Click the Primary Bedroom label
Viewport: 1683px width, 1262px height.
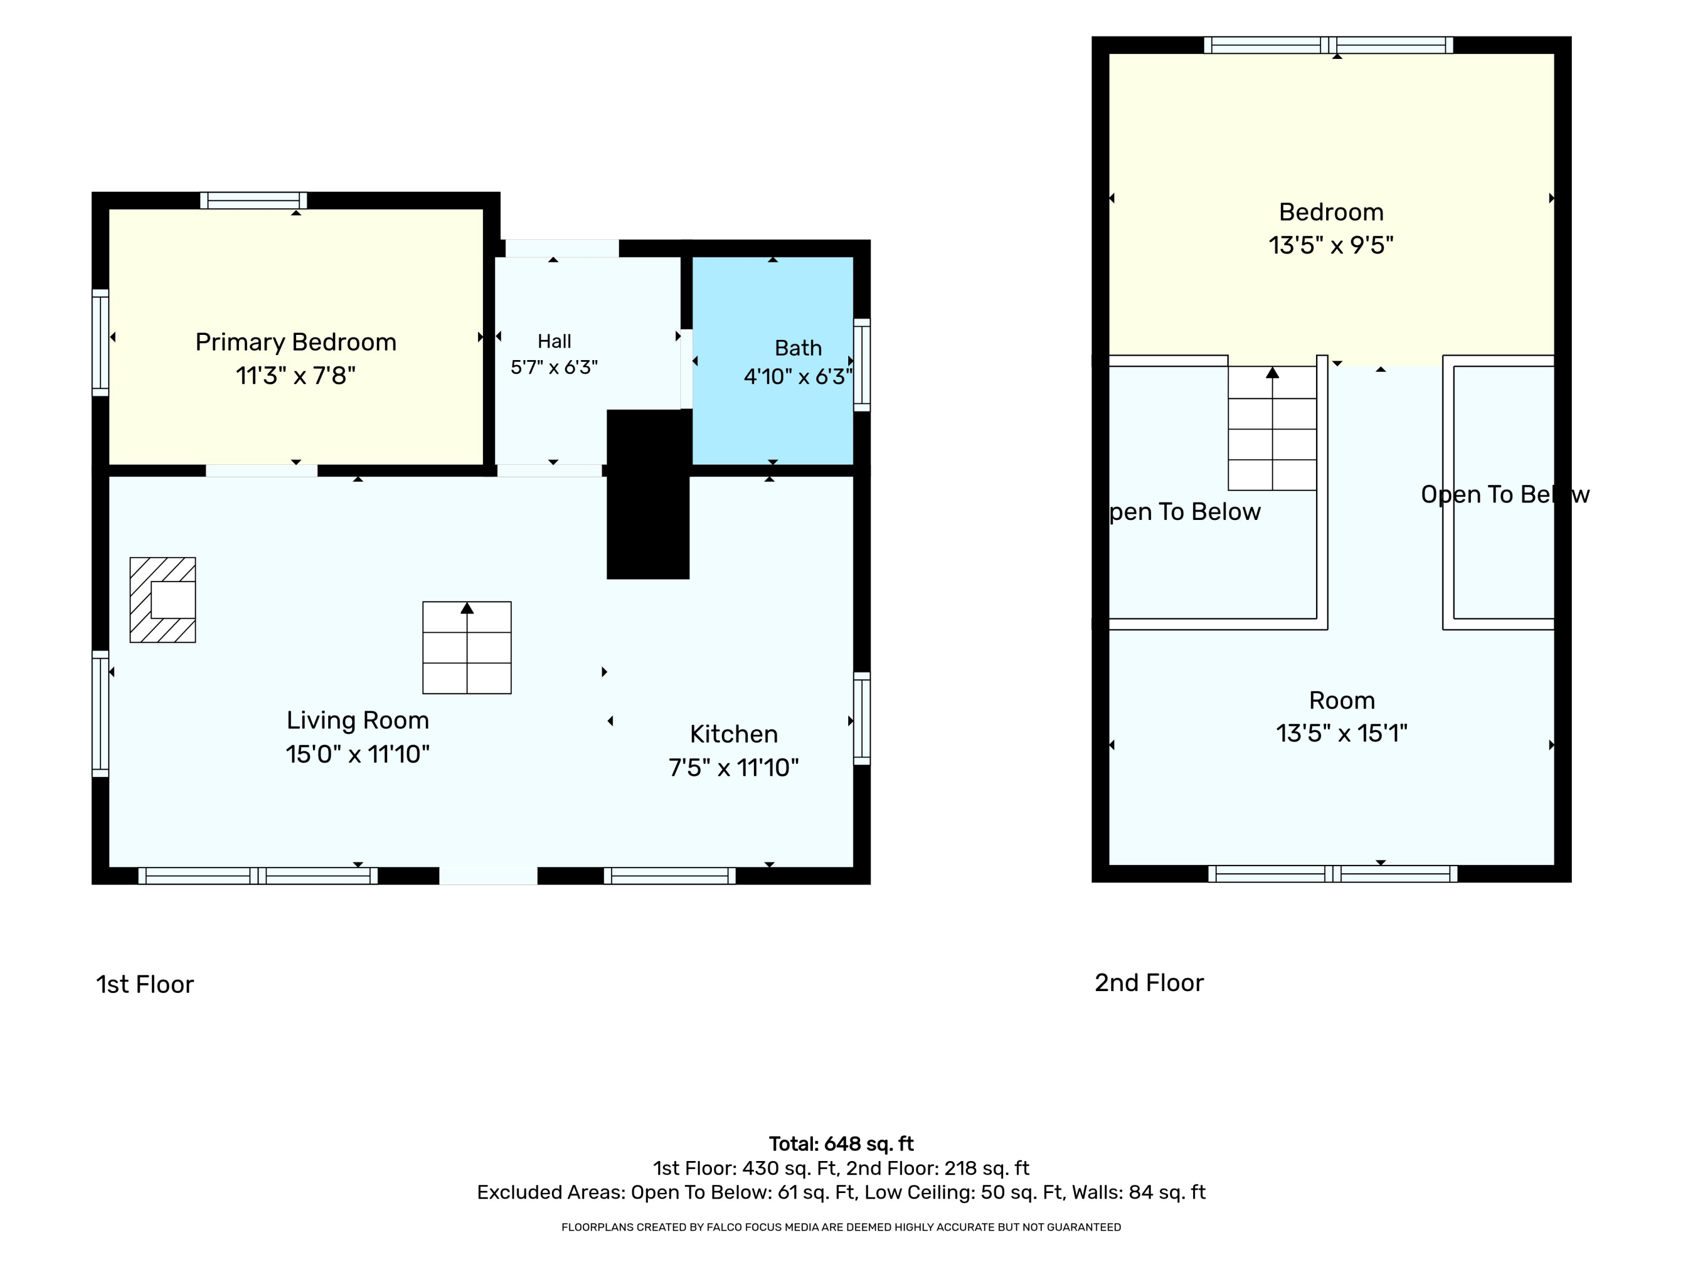coord(296,342)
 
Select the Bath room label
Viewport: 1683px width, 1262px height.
coord(798,348)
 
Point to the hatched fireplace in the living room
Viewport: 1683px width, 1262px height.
coord(163,600)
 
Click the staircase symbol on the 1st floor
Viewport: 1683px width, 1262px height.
coord(467,647)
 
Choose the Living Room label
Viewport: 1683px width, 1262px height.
coord(357,720)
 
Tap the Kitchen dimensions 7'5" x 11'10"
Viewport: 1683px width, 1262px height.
coord(733,767)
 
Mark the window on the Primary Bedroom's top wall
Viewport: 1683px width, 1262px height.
coord(254,201)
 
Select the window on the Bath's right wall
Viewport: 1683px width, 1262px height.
coord(862,365)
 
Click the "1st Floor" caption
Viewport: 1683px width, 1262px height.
coord(145,984)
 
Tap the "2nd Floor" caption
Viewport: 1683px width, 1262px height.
coord(1149,983)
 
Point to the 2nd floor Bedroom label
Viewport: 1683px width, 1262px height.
coord(1331,211)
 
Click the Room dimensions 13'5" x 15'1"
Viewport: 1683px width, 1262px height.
coord(1341,733)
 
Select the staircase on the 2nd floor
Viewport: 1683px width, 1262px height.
coord(1272,429)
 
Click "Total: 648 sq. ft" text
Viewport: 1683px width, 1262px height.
coord(841,1144)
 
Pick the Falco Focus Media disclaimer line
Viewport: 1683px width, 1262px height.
coord(841,1227)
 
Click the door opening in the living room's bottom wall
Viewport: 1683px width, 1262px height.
coord(489,876)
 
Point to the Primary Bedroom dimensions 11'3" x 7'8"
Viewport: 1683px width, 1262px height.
coord(296,376)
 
